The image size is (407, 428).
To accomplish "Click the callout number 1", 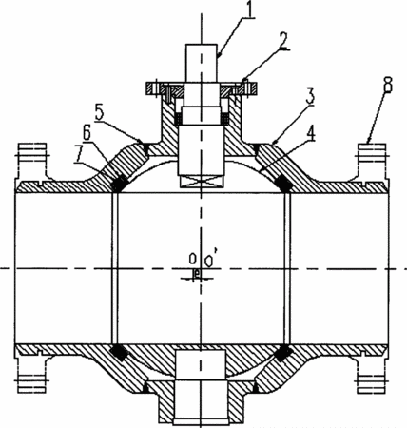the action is click(x=249, y=10).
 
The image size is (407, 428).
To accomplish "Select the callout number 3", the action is click(x=309, y=95).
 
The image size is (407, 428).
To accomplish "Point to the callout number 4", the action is click(x=311, y=133).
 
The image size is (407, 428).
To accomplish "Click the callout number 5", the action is click(x=100, y=113).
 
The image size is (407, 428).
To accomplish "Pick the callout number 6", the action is click(x=87, y=133).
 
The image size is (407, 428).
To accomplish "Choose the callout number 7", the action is click(x=79, y=153).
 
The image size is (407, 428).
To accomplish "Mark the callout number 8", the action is click(x=387, y=84).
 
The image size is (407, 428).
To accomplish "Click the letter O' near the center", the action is click(x=210, y=260).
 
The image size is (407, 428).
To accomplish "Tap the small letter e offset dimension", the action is click(x=197, y=273).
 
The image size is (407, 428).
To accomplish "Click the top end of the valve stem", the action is click(x=202, y=45).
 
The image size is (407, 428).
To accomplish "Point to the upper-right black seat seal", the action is click(x=283, y=183).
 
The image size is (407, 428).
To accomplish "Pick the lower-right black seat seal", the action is click(x=283, y=352).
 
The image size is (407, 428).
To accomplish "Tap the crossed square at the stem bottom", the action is click(x=202, y=182).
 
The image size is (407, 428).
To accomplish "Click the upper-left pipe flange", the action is click(x=32, y=162).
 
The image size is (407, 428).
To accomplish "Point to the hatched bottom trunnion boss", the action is click(x=202, y=402).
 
